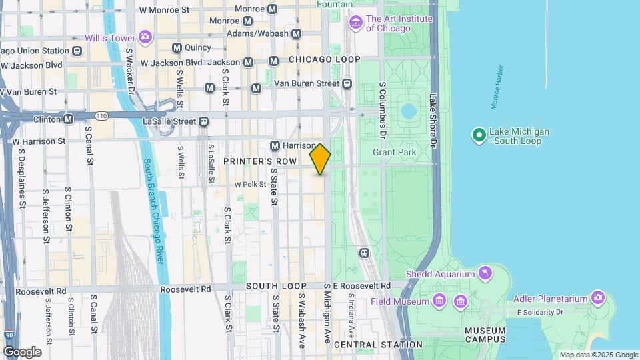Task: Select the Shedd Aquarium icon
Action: (485, 273)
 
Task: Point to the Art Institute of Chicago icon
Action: (355, 24)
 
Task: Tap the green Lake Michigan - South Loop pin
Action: (479, 136)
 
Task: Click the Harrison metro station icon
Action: (275, 145)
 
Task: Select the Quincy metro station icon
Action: (177, 47)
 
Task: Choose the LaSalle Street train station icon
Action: (203, 121)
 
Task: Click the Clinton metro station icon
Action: (68, 119)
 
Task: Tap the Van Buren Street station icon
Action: (347, 83)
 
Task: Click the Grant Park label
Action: (394, 153)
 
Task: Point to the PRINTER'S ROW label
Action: (259, 161)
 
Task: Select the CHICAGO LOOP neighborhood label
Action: (324, 59)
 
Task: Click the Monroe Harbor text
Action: (497, 87)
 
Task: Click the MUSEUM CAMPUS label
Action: (485, 336)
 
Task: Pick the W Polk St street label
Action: (250, 185)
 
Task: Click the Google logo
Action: (22, 351)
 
